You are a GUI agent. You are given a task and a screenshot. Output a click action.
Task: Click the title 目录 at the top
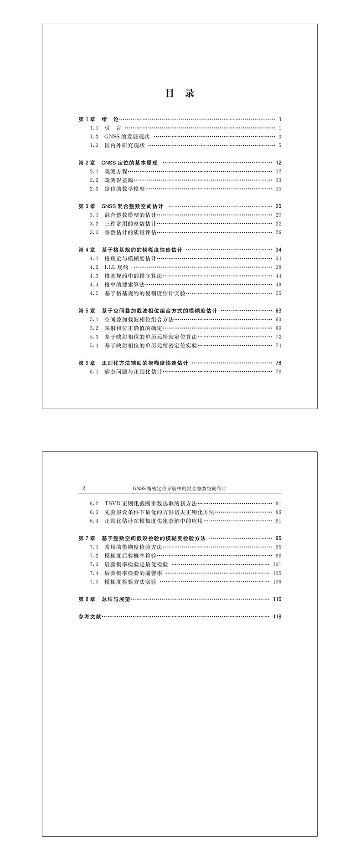180,93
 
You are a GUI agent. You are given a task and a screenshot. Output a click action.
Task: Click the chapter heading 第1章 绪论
98,119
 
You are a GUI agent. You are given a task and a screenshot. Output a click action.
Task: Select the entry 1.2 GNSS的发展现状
123,137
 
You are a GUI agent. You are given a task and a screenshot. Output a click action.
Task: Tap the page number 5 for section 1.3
280,145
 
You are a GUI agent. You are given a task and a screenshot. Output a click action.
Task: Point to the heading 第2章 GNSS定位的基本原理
118,163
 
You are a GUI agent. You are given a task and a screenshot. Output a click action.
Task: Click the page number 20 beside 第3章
278,206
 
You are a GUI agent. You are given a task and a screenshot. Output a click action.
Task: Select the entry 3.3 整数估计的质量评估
123,232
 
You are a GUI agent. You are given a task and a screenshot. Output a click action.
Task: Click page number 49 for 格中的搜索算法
278,285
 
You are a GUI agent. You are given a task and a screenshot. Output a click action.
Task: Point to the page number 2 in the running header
83,488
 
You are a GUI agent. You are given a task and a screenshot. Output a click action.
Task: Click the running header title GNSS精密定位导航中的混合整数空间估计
180,488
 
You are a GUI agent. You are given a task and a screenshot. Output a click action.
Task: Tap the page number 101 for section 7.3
277,564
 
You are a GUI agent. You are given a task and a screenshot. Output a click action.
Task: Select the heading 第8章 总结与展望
104,599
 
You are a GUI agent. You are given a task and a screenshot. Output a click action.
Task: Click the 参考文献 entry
90,616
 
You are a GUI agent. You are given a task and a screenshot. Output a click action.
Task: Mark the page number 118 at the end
277,616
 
